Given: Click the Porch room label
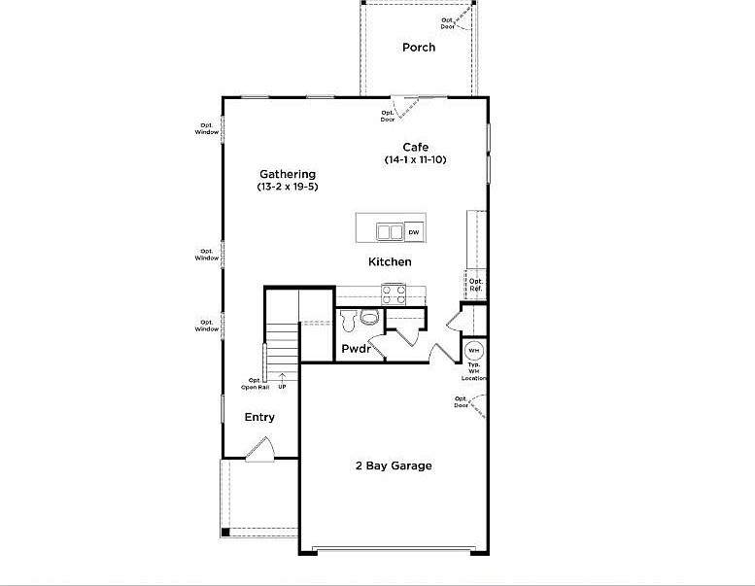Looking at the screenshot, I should tap(419, 48).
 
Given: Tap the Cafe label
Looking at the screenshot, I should tap(416, 147).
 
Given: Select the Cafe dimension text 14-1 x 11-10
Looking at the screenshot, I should tap(416, 159).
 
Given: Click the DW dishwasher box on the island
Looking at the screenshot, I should tap(414, 232).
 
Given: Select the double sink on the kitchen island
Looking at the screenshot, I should tap(389, 232).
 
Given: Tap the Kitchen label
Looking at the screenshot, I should tap(390, 262).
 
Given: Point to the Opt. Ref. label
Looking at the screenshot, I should tap(476, 285).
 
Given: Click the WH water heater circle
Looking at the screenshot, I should tap(473, 350).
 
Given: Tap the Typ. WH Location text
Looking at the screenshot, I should tap(474, 370).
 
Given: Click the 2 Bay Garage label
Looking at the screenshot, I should tap(393, 465).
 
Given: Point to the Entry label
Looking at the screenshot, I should tap(259, 417).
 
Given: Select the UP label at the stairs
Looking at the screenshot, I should tap(282, 387).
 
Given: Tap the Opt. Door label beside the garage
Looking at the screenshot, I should tap(461, 400).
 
